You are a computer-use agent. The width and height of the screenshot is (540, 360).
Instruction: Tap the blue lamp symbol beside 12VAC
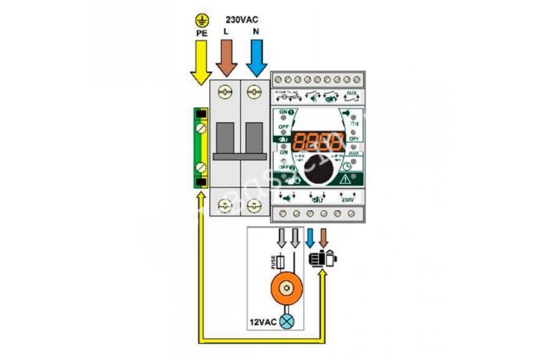coord(286,322)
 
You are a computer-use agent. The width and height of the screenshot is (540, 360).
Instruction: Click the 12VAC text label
coord(263,323)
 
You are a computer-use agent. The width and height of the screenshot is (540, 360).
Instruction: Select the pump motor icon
coord(322,259)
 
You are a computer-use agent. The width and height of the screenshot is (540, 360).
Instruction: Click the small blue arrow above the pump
coord(310,238)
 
